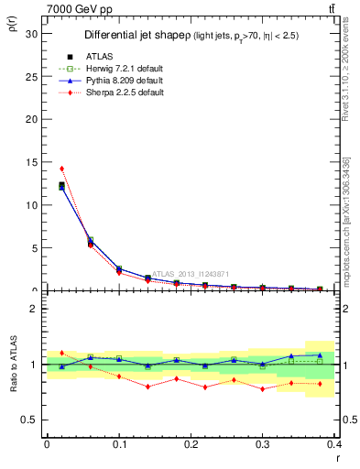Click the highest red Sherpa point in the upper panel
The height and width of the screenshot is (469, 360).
pyautogui.click(x=61, y=169)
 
